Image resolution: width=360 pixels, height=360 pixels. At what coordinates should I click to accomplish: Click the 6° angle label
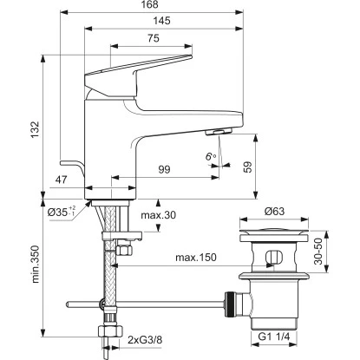(209, 156)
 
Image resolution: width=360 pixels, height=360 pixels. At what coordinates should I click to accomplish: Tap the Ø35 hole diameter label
(62, 209)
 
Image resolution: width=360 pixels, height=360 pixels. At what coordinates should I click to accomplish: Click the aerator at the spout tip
(213, 132)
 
